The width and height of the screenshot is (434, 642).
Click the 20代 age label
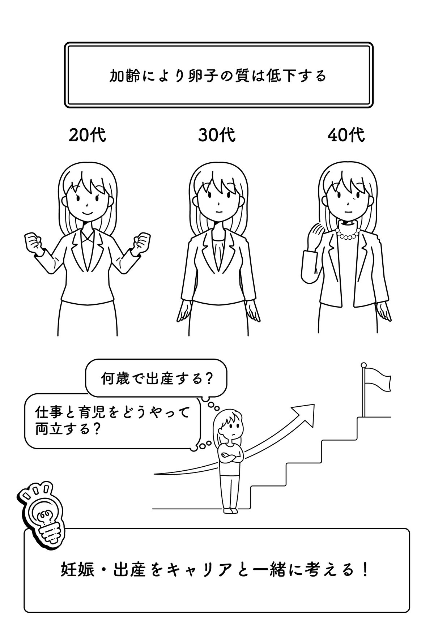coord(87,136)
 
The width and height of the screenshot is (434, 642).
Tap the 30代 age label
coord(217,136)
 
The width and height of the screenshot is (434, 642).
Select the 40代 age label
coord(346,136)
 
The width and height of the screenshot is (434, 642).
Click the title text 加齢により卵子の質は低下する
coord(218,76)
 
